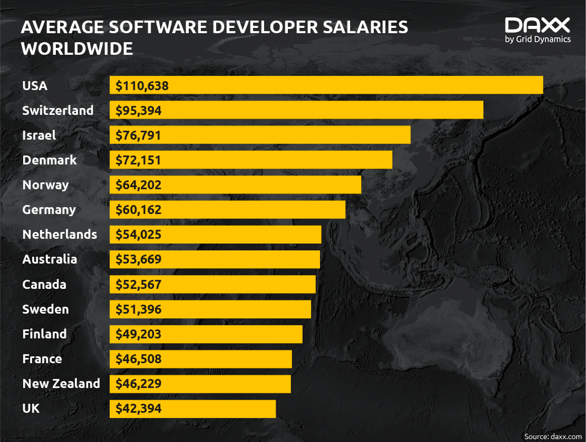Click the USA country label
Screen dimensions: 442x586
[x=35, y=86]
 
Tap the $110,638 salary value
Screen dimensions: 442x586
[x=142, y=86]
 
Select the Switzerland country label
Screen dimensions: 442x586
[x=58, y=110]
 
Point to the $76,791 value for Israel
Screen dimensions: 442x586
[x=138, y=135]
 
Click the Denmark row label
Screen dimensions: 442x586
[x=50, y=160]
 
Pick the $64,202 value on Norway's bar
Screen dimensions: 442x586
[x=138, y=185]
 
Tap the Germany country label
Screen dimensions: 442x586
[x=49, y=210]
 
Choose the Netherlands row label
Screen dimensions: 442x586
[x=59, y=234]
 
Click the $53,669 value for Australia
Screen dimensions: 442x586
[x=138, y=259]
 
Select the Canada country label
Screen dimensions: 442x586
[x=44, y=284]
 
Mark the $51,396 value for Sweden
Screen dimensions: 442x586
[x=138, y=309]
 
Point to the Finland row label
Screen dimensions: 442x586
[x=44, y=334]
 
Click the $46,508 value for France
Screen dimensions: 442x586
[x=138, y=359]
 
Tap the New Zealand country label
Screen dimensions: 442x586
[x=61, y=384]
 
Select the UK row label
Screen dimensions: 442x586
[x=31, y=408]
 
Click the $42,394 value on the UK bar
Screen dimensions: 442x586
[x=138, y=408]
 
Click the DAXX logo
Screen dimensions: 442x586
[x=537, y=25]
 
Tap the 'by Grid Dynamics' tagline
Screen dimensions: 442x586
[x=538, y=39]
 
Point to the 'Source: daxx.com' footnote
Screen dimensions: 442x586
[x=553, y=437]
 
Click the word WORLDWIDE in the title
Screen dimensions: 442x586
[x=77, y=48]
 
